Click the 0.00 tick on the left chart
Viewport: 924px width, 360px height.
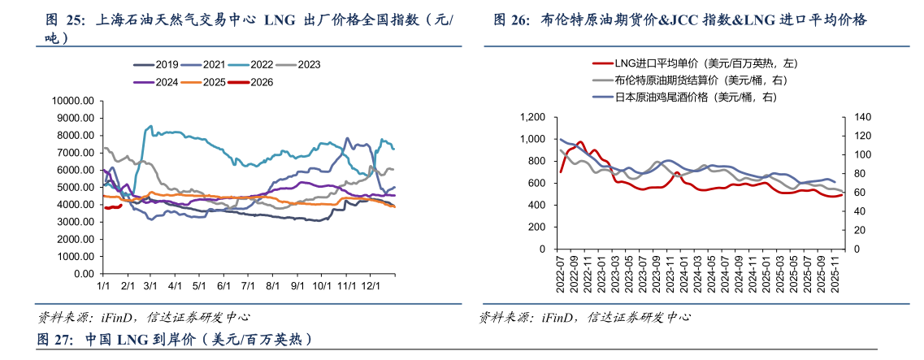pos(85,274)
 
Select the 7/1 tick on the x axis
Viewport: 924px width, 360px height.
pos(249,287)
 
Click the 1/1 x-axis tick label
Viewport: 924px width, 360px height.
pos(103,287)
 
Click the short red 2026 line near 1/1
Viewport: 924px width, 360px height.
pos(112,207)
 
